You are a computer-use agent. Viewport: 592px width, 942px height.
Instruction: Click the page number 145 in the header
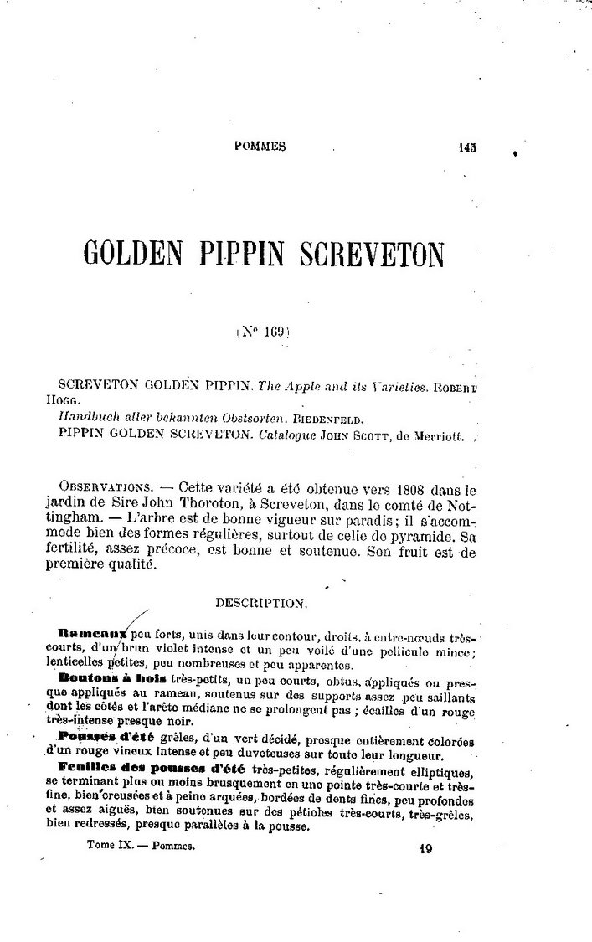[467, 147]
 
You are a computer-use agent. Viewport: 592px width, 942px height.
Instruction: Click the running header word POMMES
[260, 146]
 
